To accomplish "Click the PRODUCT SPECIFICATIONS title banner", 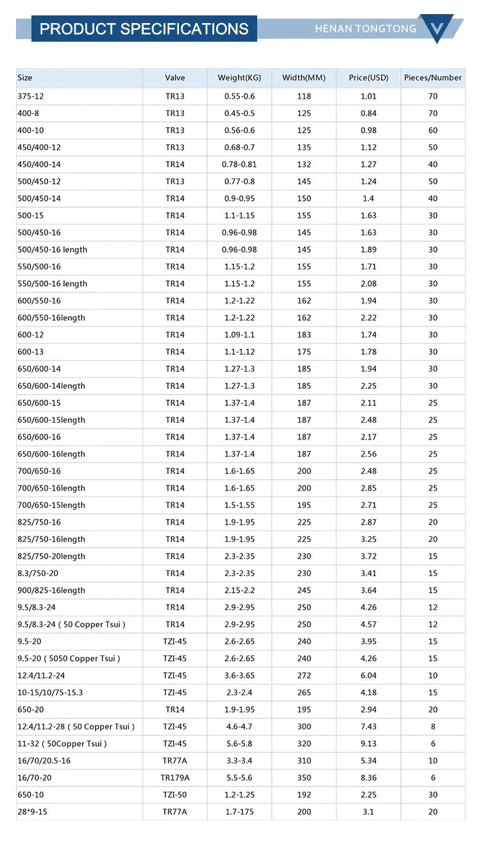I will [144, 29].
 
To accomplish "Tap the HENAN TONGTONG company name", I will [366, 29].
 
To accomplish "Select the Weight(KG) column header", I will [239, 78].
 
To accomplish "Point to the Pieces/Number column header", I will [433, 78].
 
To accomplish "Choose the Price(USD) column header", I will [369, 78].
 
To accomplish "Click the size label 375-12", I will [31, 96].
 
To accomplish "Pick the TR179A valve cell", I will [175, 777].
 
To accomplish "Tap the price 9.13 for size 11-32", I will [369, 743].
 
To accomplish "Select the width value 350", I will [304, 777].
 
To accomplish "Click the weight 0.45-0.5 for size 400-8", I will [239, 114].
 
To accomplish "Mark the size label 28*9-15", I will [33, 811].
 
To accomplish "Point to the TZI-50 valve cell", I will [175, 795].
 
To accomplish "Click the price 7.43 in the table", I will [369, 727].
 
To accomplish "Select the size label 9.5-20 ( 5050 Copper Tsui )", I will [69, 658].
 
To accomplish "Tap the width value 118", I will [304, 96].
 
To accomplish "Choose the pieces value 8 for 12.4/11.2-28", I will [433, 727].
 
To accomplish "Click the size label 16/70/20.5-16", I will [44, 761].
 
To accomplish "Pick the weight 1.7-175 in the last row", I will [239, 811].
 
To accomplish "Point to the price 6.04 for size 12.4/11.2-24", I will [369, 675].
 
